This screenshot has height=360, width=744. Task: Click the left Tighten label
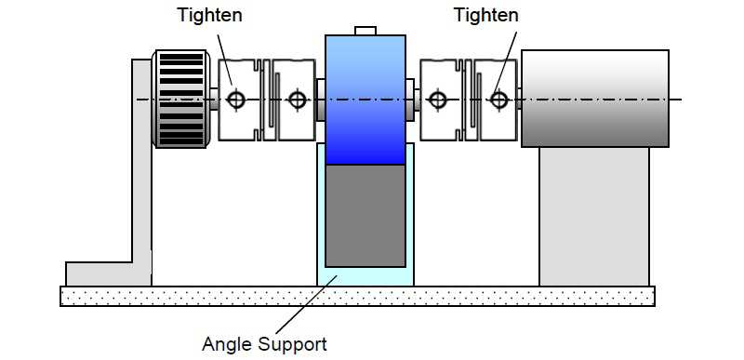click(210, 15)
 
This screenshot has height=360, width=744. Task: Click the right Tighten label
click(486, 15)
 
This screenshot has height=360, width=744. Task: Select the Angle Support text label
click(264, 344)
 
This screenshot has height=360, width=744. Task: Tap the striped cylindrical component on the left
click(180, 99)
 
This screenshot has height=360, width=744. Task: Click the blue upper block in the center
click(365, 100)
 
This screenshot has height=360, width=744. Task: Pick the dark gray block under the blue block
click(365, 216)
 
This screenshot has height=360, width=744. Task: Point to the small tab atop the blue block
click(365, 31)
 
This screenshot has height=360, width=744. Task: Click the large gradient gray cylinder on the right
click(595, 99)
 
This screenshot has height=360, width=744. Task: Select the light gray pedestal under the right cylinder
click(594, 217)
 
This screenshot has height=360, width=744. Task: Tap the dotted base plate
click(357, 296)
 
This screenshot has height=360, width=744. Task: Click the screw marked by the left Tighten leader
click(236, 100)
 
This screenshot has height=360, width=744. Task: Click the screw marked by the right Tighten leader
click(498, 100)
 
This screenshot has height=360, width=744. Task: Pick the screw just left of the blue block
click(297, 100)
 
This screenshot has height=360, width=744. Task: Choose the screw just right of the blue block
click(437, 100)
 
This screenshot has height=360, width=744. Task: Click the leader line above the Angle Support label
click(306, 304)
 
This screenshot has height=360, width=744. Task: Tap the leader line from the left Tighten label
click(225, 60)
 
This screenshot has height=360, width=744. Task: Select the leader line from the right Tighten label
click(505, 65)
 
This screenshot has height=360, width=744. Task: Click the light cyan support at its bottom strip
click(365, 277)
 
